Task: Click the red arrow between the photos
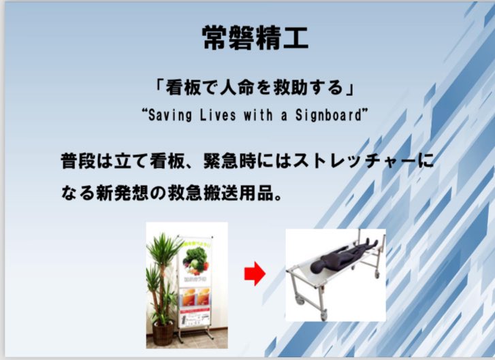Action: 255,274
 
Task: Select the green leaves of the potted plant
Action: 161,265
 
